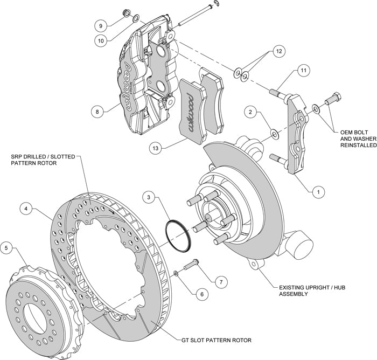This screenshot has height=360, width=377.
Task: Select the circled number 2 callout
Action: (249, 112)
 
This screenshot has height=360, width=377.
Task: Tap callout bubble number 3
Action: (149, 197)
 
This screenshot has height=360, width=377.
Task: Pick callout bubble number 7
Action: (219, 281)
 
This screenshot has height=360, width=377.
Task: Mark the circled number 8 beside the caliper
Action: (97, 112)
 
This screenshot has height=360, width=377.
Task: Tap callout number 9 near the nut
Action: (100, 25)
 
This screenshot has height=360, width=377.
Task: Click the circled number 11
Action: (303, 71)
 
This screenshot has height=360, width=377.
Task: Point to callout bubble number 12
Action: (278, 51)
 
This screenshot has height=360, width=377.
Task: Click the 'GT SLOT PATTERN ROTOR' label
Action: (214, 340)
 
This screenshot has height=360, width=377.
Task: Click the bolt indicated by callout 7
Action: (191, 266)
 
